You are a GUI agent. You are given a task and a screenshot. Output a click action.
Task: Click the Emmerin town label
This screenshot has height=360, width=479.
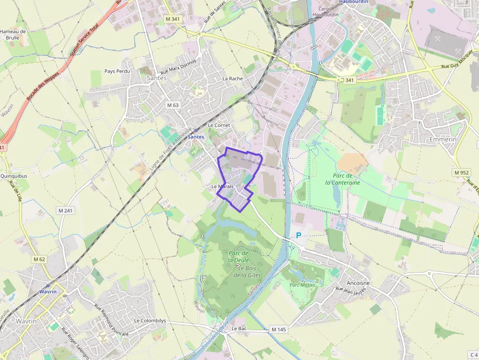click(x=442, y=139)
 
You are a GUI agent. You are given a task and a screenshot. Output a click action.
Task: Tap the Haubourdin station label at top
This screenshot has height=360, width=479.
click(x=353, y=2)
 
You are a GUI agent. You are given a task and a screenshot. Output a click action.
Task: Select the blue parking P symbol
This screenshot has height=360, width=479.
click(x=298, y=235)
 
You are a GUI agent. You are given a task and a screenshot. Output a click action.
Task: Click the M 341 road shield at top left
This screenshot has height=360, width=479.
click(x=173, y=19)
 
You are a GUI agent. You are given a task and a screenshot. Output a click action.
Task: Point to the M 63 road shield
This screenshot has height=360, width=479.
click(x=173, y=105)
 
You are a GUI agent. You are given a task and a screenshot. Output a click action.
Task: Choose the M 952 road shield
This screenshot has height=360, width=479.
click(x=461, y=172)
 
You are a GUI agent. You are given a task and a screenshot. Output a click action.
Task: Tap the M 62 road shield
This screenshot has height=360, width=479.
click(x=40, y=259)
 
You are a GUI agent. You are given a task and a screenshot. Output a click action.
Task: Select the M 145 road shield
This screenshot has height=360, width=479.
click(x=278, y=330)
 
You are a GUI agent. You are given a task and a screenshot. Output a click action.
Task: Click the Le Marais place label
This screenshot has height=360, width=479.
click(x=222, y=187)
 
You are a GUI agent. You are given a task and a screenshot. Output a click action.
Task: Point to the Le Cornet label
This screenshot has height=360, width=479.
click(x=218, y=125)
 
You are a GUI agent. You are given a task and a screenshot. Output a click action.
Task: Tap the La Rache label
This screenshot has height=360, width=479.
click(x=232, y=78)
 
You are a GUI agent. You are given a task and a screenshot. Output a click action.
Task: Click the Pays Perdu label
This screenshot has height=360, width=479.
click(x=117, y=71)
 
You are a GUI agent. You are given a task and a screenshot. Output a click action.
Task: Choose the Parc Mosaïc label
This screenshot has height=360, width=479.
click(x=303, y=285)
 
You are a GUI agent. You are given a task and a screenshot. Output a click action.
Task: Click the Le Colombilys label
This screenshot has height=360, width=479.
click(x=150, y=320)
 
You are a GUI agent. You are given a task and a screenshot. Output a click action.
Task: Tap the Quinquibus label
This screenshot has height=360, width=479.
click(x=14, y=176)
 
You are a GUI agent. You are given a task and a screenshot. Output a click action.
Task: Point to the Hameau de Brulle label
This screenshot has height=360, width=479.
click(x=13, y=34)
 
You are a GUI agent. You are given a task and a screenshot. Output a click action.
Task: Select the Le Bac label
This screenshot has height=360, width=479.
click(x=239, y=329)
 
